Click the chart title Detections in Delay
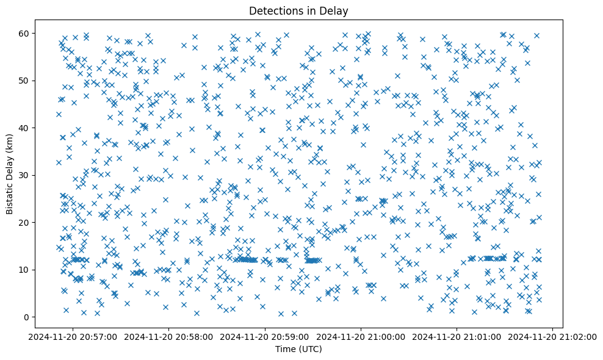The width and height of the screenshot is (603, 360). point(299,10)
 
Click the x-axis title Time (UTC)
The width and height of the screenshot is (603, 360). point(299,349)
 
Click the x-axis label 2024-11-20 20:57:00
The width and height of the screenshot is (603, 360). point(73,336)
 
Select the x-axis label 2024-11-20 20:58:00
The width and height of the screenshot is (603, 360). point(169,336)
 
